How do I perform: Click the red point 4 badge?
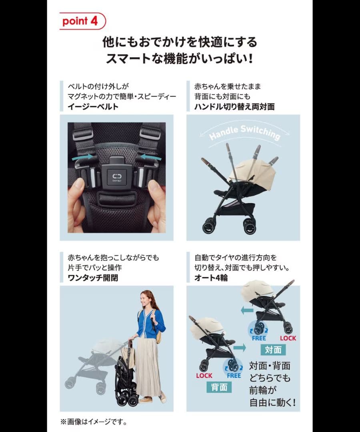point(82,21)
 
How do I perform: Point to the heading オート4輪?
point(211,278)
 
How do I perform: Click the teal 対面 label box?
point(273,350)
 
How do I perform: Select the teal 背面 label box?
point(220,387)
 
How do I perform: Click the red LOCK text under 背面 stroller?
point(204,376)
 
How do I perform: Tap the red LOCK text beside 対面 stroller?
point(288,338)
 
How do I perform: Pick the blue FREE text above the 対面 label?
point(259,338)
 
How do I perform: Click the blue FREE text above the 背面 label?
point(234,376)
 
